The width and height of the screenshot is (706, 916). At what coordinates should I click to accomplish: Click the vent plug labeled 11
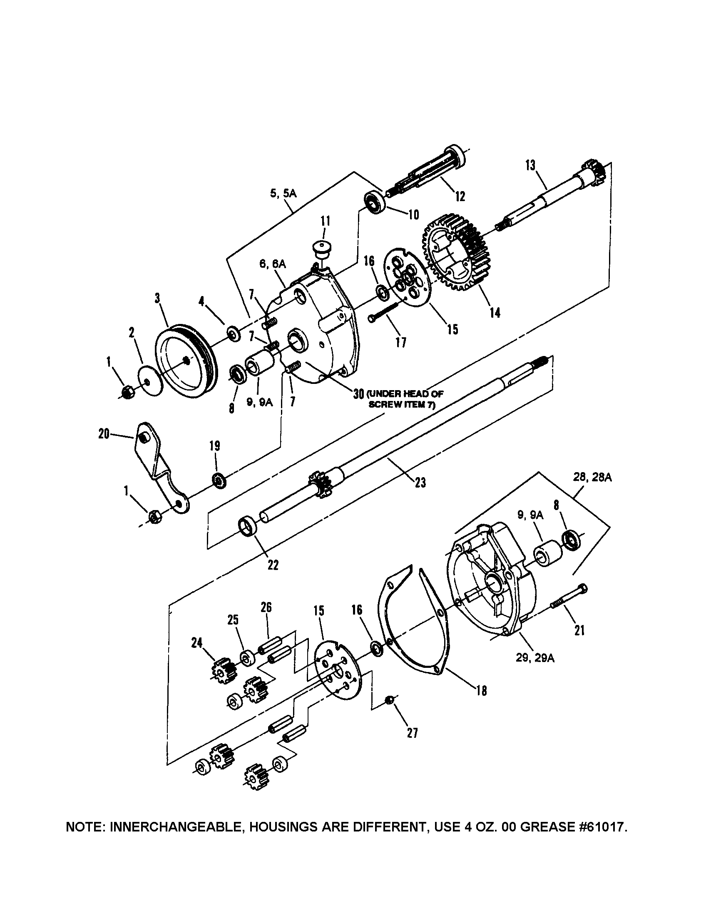pos(321,250)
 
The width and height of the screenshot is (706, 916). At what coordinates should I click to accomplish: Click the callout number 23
pos(420,483)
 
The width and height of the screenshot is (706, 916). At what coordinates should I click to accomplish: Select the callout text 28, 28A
pos(592,478)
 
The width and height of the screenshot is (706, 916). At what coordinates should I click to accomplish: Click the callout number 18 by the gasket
pos(482,691)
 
